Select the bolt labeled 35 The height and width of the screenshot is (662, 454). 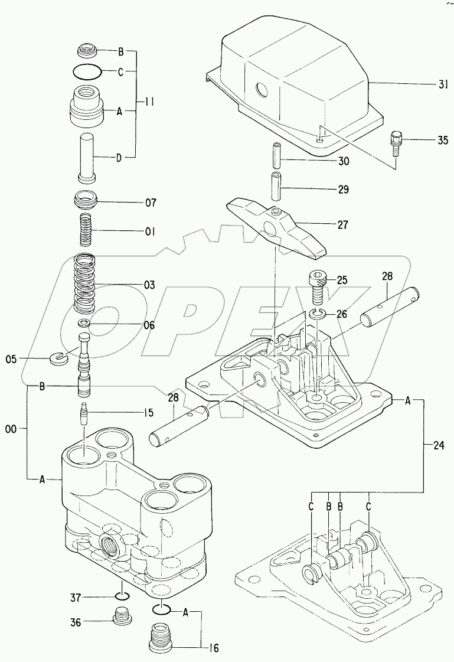pyautogui.click(x=397, y=142)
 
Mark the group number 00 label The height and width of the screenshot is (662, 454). pyautogui.click(x=11, y=432)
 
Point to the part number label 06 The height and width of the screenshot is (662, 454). pyautogui.click(x=149, y=325)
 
